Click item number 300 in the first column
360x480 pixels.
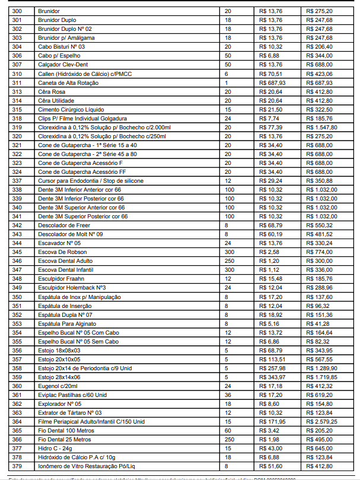pos(17,11)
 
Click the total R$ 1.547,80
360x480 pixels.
pos(321,127)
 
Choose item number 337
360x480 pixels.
pos(17,180)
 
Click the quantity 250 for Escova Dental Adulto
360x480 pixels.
pos(229,260)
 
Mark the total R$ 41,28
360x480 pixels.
pos(316,323)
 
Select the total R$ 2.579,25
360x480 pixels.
pos(321,421)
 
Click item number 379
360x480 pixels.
pos(17,466)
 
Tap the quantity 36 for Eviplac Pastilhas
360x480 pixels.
pos(227,395)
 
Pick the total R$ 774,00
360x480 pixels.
pos(317,252)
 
